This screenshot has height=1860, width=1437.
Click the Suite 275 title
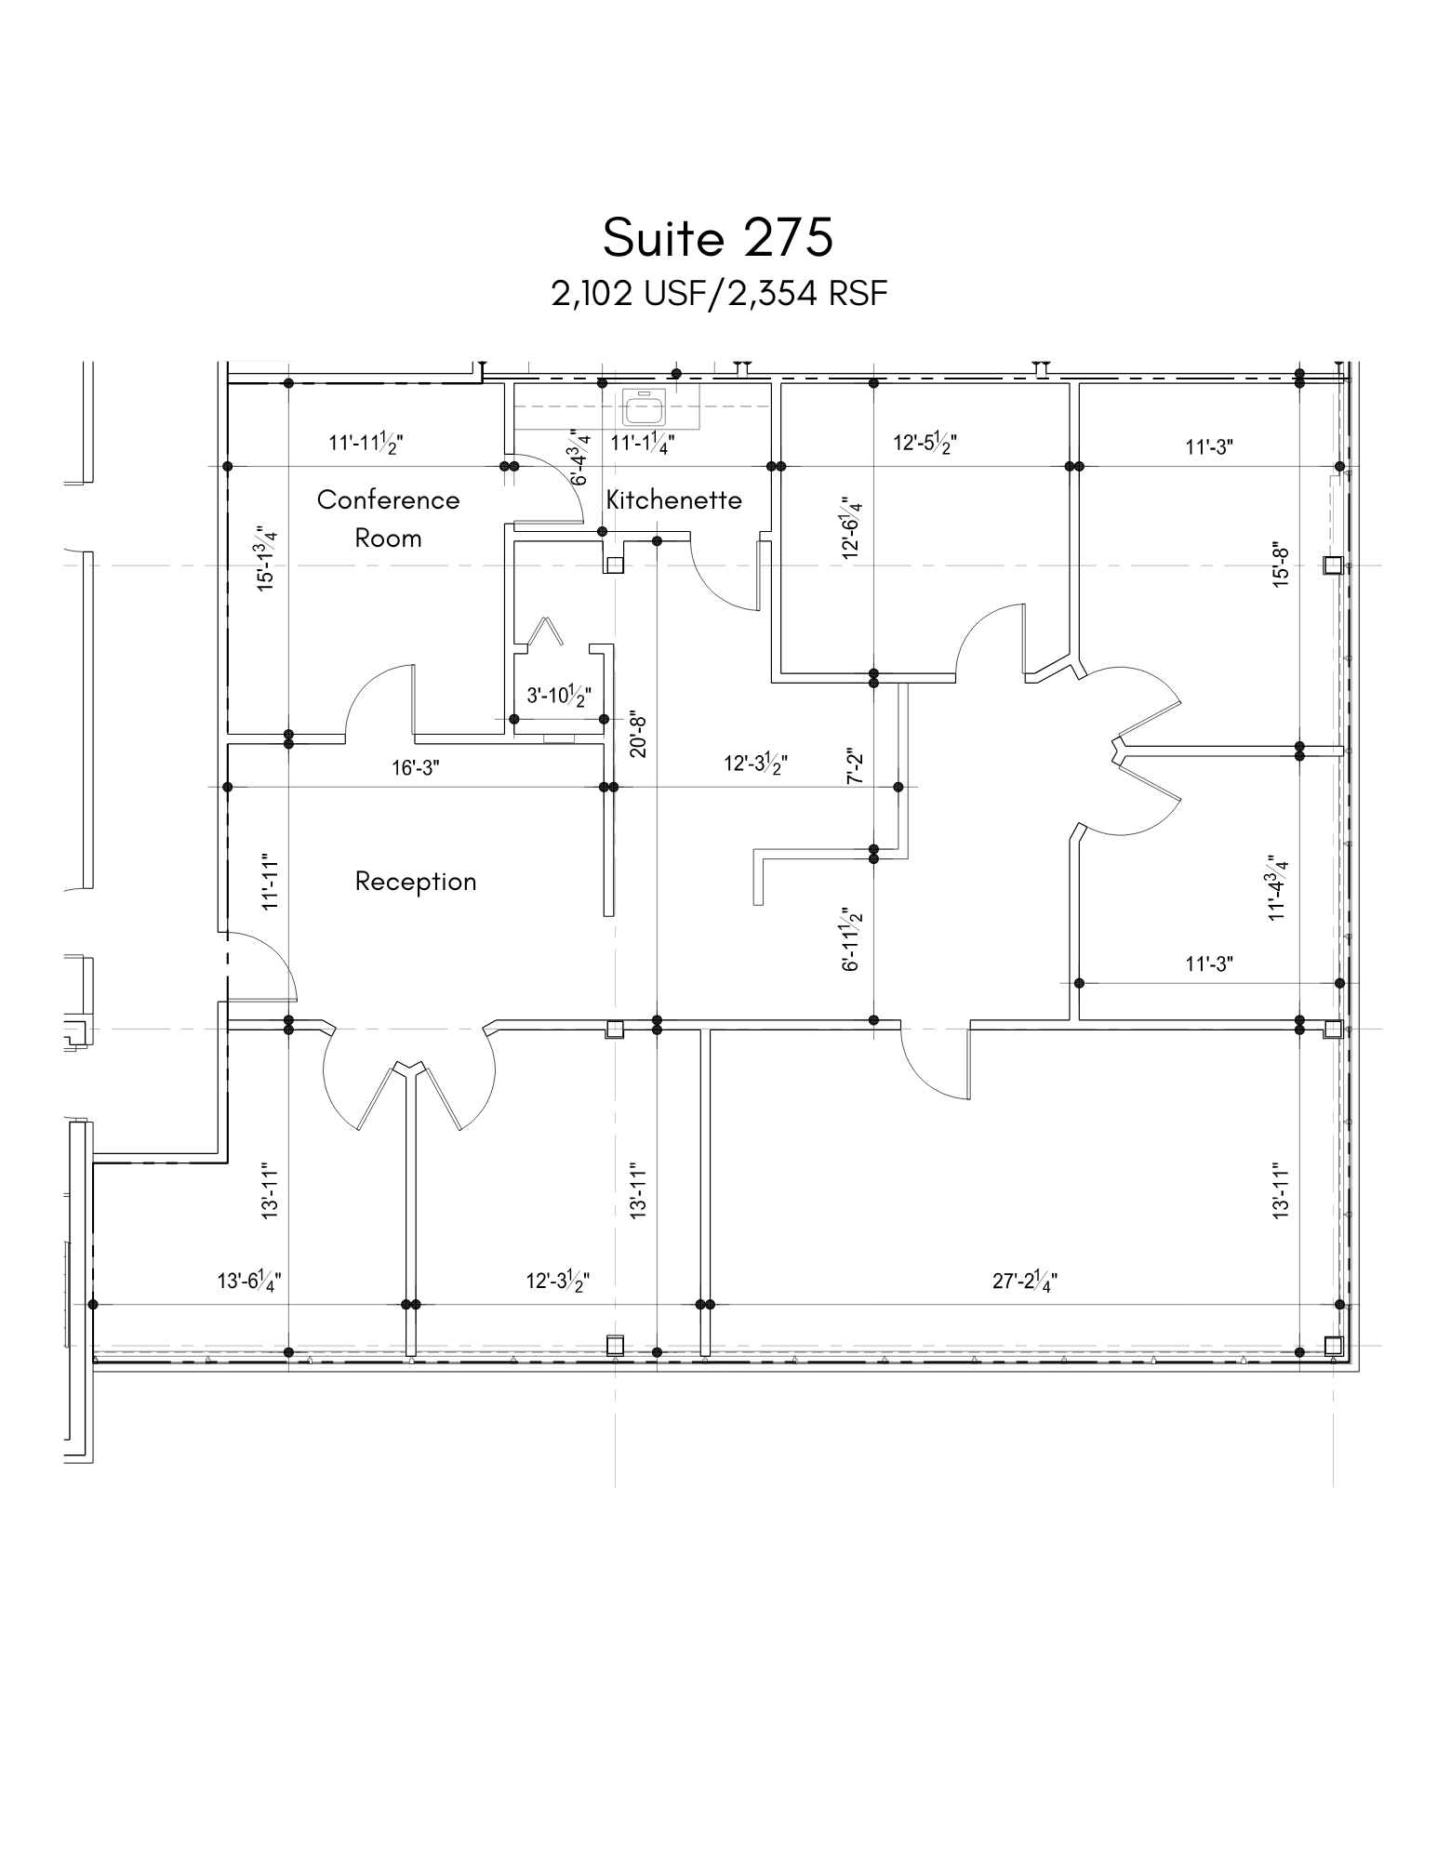717,238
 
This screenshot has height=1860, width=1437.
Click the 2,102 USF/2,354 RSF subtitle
719,294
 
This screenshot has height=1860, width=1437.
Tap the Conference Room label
388,518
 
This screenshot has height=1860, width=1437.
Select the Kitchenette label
673,499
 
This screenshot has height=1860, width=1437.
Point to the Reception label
416,881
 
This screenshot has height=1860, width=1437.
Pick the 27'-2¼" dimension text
1024,1282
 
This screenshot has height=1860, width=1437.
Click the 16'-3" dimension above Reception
416,767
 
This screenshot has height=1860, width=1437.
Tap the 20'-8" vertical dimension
638,735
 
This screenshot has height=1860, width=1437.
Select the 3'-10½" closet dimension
559,696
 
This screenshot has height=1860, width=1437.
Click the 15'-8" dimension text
1281,565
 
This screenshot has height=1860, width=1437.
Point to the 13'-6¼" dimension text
249,1281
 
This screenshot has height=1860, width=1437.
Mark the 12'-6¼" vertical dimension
851,527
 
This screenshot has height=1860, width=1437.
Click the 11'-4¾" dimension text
1281,888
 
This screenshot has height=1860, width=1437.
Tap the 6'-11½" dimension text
851,939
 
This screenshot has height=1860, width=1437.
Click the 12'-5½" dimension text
925,442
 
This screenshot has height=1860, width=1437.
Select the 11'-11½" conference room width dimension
366,442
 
